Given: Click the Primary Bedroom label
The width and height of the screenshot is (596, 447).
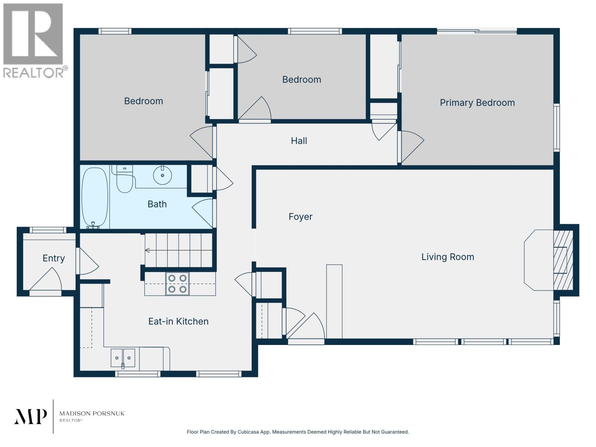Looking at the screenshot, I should (477, 103).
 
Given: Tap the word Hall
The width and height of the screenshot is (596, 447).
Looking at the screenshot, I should (299, 141).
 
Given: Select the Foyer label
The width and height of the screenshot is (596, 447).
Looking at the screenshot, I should (300, 217).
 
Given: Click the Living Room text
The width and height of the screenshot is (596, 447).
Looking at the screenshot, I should (447, 257).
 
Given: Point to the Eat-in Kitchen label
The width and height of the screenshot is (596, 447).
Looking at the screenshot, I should (178, 321).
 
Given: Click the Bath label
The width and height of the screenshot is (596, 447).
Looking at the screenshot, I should (157, 204).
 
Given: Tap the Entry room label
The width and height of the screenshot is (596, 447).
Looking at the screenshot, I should (54, 258).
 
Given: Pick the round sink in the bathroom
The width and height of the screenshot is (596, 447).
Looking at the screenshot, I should (162, 175).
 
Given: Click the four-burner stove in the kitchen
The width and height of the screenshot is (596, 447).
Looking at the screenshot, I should (177, 283).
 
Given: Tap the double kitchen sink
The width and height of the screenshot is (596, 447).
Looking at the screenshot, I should (123, 358).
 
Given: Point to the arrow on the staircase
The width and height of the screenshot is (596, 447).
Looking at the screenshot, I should (148, 250).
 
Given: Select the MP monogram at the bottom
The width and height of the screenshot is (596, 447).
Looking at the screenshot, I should (31, 416).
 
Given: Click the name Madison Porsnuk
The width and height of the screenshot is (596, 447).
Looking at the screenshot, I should (92, 413).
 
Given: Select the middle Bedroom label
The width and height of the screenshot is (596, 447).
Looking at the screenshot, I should (301, 80).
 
